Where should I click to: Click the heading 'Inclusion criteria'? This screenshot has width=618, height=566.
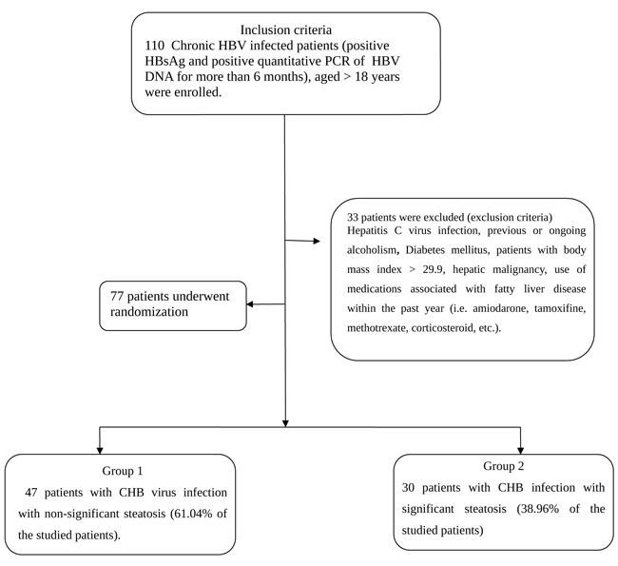(286, 30)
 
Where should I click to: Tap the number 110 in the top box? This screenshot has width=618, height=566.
(154, 46)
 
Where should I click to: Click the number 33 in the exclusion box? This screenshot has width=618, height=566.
(353, 217)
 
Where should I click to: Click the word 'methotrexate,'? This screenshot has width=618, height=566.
(376, 328)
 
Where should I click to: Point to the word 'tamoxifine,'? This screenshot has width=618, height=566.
(560, 308)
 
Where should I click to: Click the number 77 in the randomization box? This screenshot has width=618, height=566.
(117, 296)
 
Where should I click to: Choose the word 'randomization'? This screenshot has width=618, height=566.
(149, 312)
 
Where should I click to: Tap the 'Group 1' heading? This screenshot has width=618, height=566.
(123, 471)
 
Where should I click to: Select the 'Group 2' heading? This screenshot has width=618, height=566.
(504, 466)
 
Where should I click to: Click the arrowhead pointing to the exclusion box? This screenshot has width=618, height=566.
(317, 241)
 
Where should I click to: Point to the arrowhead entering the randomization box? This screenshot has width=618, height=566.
(250, 304)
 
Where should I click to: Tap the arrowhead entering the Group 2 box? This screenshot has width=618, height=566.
(521, 451)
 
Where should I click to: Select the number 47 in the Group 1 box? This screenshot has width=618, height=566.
(31, 493)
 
